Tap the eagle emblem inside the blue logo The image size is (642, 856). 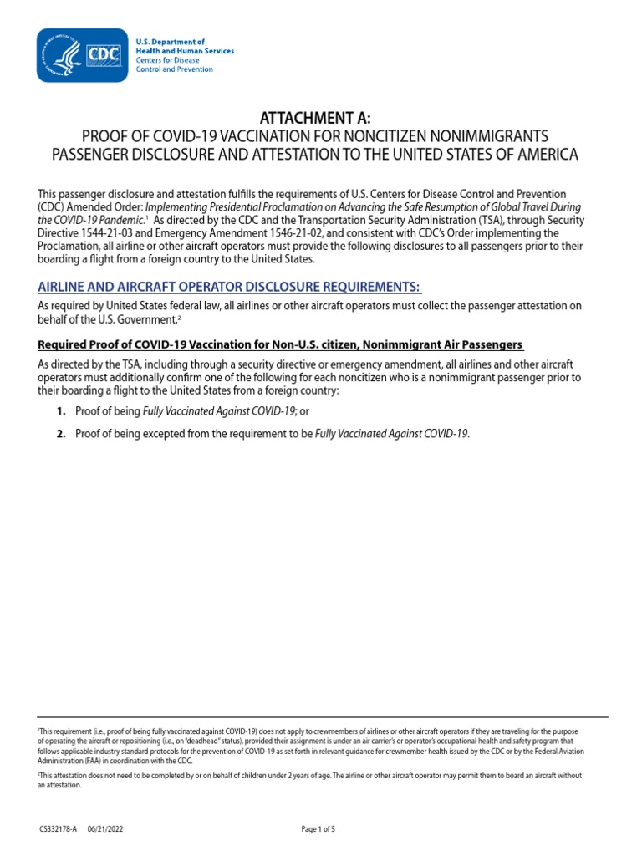[62, 54]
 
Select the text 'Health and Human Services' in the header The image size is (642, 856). [185, 51]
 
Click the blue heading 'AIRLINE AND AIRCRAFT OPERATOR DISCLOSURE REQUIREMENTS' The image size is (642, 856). [230, 287]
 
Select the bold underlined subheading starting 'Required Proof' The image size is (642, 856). [281, 344]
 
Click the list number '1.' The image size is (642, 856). [61, 412]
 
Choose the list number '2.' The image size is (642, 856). [61, 433]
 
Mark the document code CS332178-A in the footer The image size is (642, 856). [57, 829]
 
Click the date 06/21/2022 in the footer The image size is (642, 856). [105, 829]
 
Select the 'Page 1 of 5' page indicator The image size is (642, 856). [318, 829]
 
